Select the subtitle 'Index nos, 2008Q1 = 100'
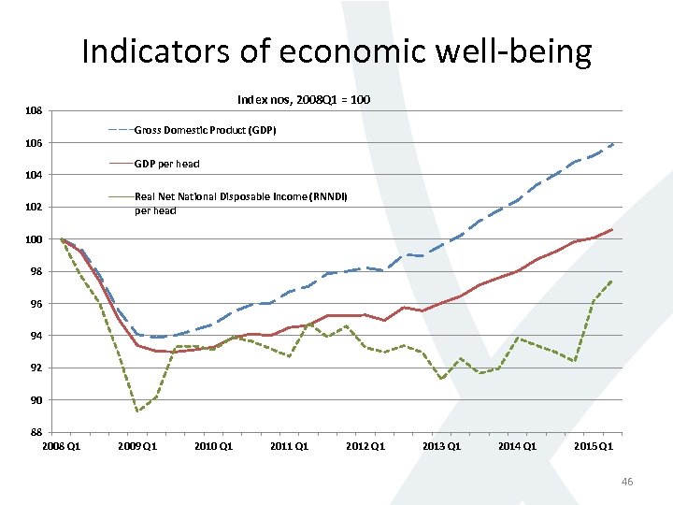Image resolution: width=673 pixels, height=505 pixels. (304, 98)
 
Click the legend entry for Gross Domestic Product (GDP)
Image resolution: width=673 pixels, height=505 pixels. (205, 130)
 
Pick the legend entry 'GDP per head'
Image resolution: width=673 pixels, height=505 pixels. (166, 164)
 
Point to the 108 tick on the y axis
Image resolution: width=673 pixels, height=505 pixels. (34, 111)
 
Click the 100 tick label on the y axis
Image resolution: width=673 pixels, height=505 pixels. (34, 239)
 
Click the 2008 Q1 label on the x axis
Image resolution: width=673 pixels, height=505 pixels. (62, 446)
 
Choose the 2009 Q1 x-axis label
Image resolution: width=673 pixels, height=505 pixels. (137, 446)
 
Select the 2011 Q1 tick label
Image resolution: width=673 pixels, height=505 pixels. (289, 446)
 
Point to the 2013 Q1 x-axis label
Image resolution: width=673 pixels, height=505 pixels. (441, 446)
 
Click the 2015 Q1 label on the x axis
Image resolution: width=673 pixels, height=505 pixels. (593, 446)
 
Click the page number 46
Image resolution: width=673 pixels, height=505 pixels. (626, 482)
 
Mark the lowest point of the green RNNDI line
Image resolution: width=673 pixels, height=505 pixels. (137, 411)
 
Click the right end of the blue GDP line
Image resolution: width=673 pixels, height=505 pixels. (613, 144)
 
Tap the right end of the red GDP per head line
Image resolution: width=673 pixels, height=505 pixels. (612, 229)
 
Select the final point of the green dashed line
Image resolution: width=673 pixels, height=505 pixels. (612, 281)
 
